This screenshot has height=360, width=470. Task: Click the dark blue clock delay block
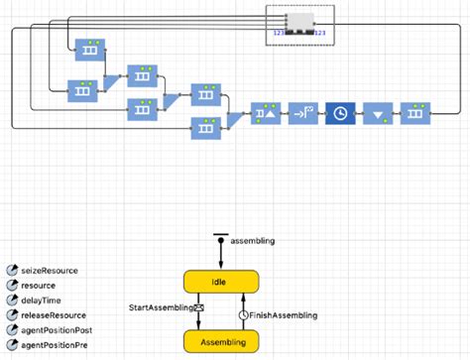point(340,114)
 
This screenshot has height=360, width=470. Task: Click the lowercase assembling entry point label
point(253,240)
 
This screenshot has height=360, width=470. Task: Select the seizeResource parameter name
point(50,270)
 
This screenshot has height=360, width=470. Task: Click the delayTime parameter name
point(42,300)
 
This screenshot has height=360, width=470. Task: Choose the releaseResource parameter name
point(54,315)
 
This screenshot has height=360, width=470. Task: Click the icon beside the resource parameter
point(11,286)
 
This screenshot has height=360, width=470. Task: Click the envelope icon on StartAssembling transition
point(198,308)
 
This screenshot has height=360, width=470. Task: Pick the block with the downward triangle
point(378,114)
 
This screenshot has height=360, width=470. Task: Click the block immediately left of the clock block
point(302,114)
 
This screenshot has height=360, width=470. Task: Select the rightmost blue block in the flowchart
point(415,114)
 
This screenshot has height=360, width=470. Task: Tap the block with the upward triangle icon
point(265,114)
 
